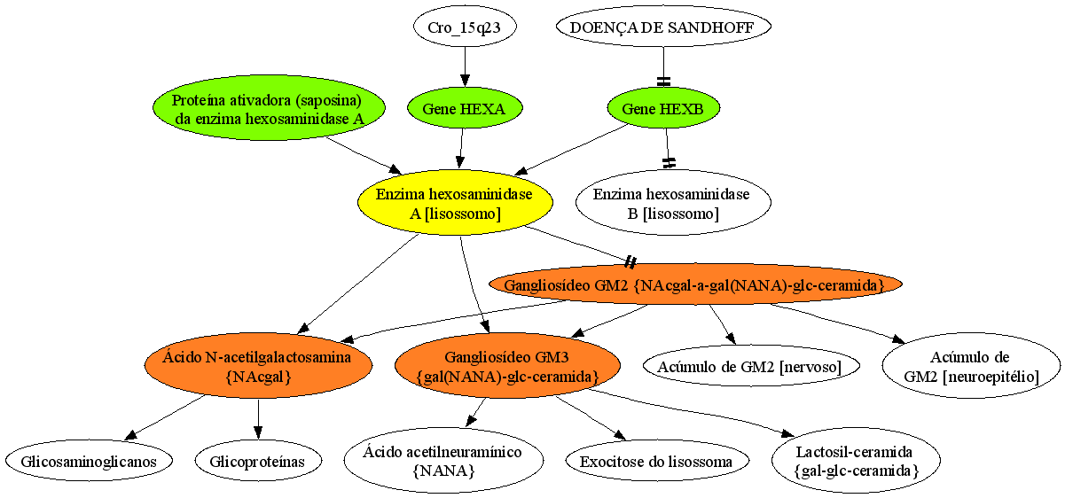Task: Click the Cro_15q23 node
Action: [x=465, y=27]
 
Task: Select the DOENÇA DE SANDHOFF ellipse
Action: [x=663, y=27]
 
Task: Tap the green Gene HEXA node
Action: [x=465, y=108]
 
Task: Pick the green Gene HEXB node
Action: [x=663, y=108]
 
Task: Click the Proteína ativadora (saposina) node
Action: [x=269, y=108]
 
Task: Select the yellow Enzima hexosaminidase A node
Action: [x=455, y=203]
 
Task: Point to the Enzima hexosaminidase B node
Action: [x=673, y=203]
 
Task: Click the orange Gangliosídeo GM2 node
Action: [x=695, y=284]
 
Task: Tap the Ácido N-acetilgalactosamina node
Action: [x=258, y=366]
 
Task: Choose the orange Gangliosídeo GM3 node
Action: [x=507, y=366]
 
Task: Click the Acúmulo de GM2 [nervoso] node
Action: [x=751, y=366]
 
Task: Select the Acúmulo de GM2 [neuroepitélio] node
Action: [x=971, y=366]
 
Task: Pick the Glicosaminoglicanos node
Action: [x=89, y=461]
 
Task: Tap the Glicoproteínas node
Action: [x=258, y=461]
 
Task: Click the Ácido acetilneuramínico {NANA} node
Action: [x=443, y=461]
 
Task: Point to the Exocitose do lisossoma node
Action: [x=657, y=461]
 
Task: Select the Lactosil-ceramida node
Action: [x=856, y=461]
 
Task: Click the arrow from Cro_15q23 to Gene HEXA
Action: [x=465, y=67]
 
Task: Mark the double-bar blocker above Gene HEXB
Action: [x=663, y=82]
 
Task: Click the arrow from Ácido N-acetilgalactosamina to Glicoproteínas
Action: [x=258, y=419]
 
